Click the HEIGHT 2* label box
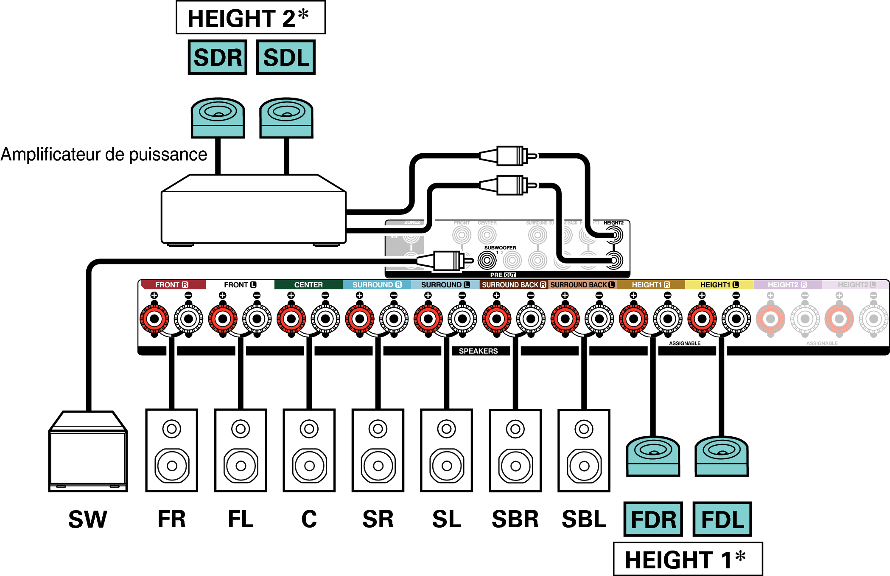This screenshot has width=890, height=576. point(250,18)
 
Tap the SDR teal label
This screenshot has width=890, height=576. point(218,57)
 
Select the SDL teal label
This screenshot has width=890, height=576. point(286,57)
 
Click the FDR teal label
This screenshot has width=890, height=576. point(653,519)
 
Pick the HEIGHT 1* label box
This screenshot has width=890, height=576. point(688,559)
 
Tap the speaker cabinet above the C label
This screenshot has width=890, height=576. point(309,450)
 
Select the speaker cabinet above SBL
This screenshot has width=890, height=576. point(584,450)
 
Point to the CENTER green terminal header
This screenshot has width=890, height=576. point(308,285)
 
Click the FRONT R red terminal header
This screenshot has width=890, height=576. point(172,285)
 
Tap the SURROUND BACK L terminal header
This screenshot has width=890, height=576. point(582,285)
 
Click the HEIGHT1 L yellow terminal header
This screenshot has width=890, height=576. point(719,285)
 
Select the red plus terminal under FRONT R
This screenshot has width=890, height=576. point(154,319)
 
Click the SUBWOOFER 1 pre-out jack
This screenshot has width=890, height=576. point(487,260)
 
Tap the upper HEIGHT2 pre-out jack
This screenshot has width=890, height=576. point(614,235)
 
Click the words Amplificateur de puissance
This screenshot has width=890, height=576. point(104,155)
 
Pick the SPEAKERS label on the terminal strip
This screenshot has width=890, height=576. point(478,351)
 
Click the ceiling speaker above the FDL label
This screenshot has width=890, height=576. point(722,456)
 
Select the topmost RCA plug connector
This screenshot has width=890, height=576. point(509,156)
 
